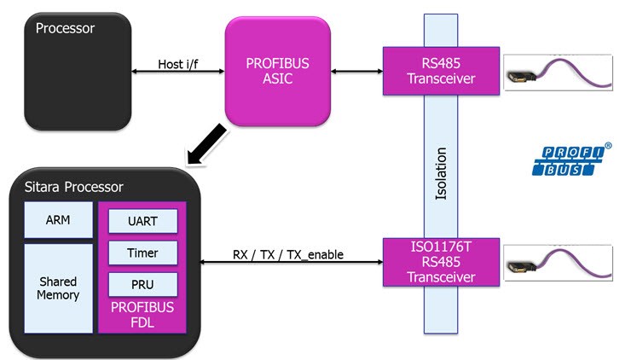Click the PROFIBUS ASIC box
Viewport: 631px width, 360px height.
tap(277, 71)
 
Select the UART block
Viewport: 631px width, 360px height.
tap(142, 222)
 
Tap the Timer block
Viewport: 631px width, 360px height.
tap(142, 253)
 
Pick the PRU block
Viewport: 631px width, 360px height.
tap(142, 283)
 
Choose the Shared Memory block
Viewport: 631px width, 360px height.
tap(58, 287)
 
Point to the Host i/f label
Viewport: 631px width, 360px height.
tap(178, 64)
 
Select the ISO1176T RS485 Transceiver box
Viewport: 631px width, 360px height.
tap(441, 262)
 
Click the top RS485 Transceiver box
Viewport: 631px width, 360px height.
tap(441, 71)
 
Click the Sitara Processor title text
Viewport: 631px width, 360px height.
tap(73, 187)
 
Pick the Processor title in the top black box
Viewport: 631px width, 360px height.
tap(65, 28)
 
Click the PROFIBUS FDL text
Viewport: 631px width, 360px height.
tap(142, 314)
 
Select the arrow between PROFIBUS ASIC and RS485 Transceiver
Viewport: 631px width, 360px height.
tap(356, 71)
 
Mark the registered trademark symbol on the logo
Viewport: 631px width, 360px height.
tap(607, 147)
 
